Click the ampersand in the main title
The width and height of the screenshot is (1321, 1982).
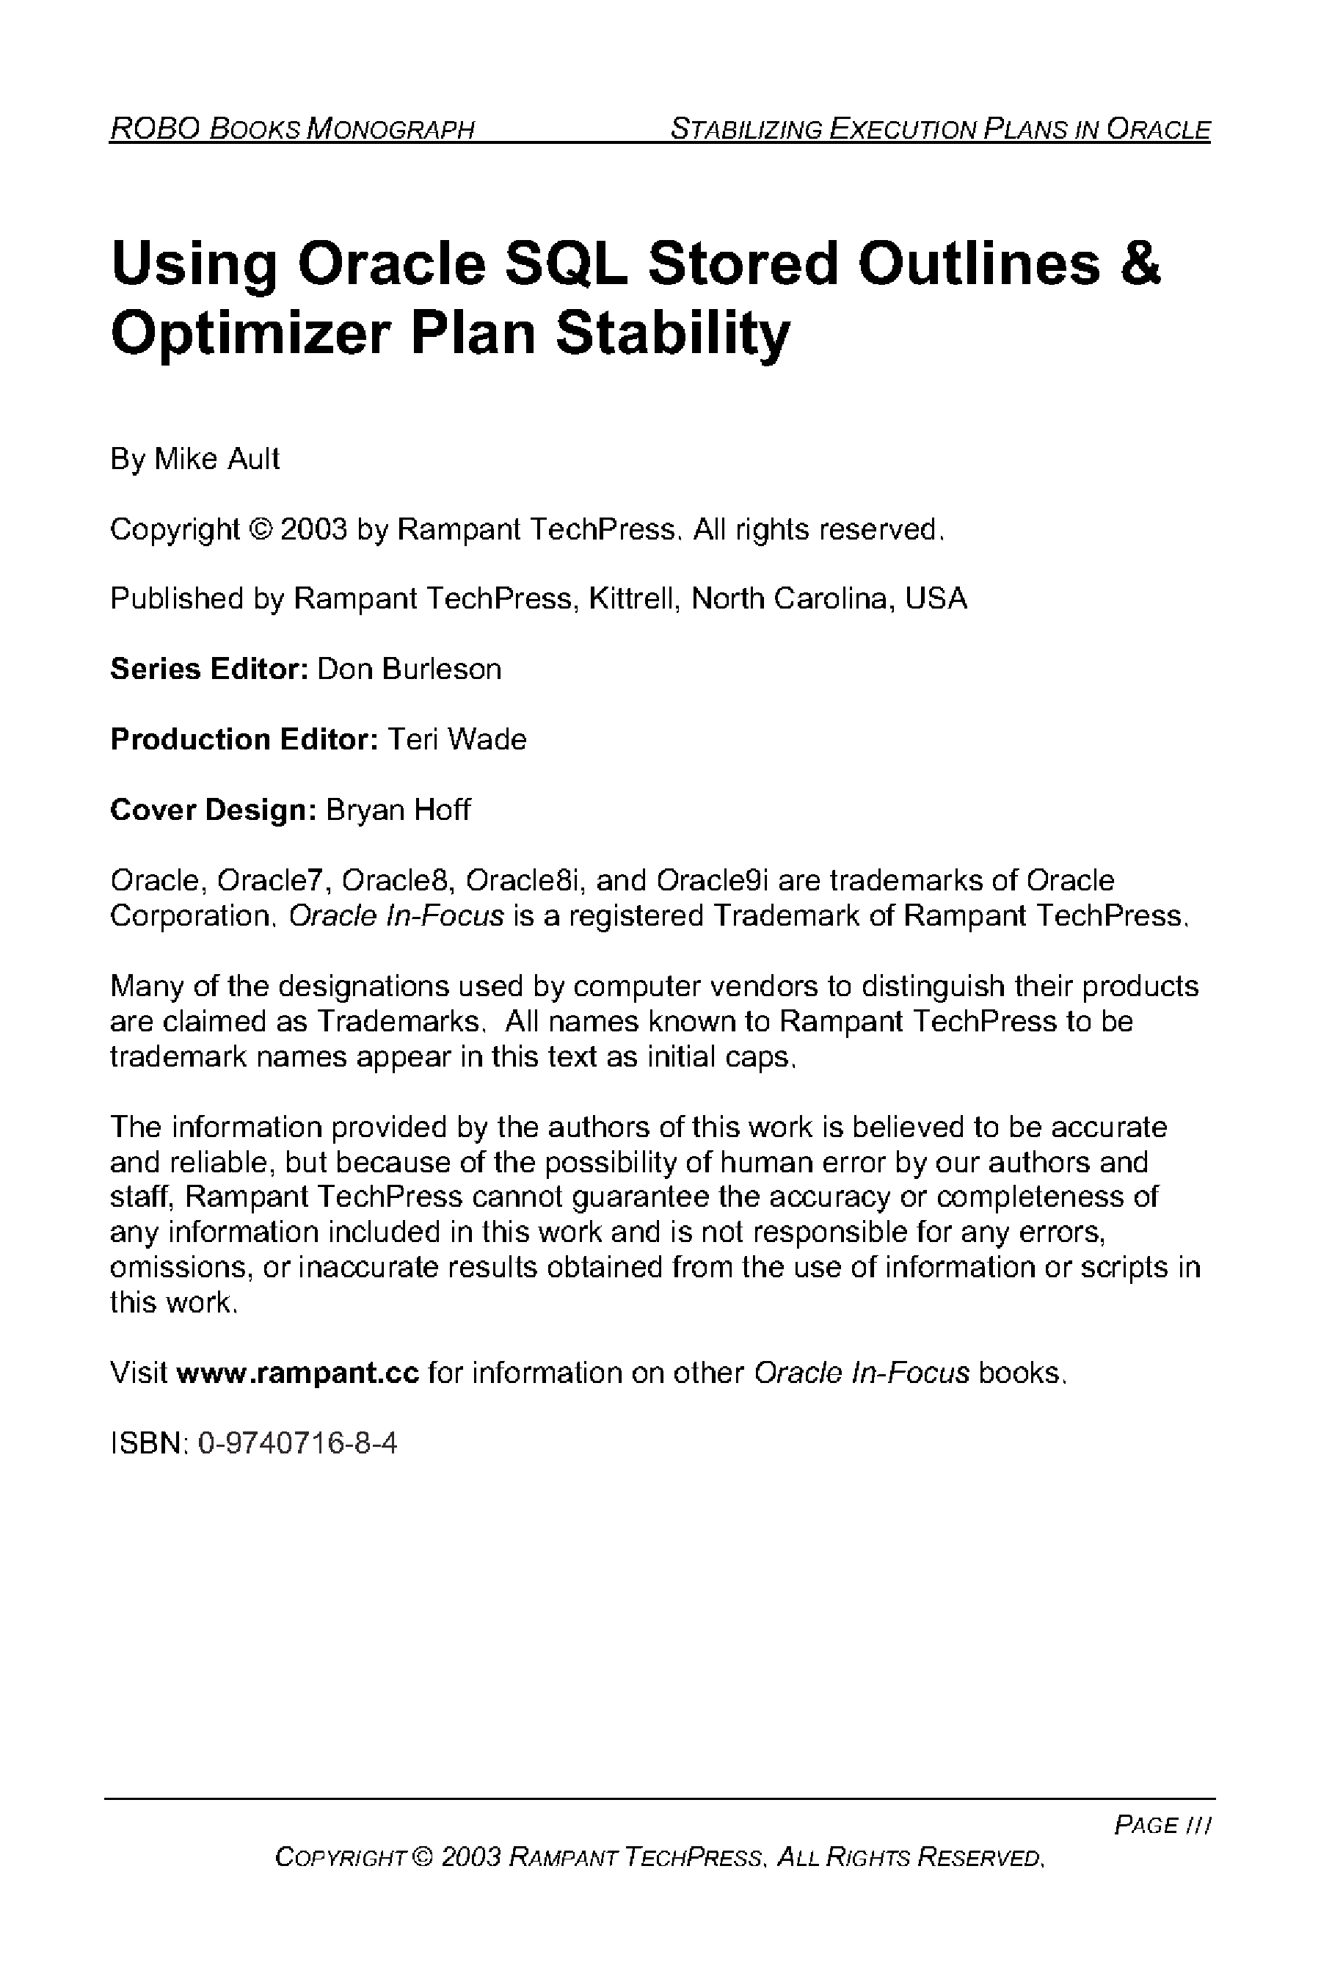[x=1140, y=264]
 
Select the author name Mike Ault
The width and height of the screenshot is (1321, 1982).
[x=216, y=460]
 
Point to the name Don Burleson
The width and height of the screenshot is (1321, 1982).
[x=409, y=669]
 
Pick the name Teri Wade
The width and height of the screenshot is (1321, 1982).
[x=456, y=739]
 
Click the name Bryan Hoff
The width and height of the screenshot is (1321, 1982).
[x=398, y=810]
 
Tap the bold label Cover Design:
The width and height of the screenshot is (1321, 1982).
[x=213, y=810]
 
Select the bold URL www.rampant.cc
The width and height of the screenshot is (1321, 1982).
[x=297, y=1373]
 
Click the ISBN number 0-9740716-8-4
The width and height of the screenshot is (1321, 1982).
[x=297, y=1443]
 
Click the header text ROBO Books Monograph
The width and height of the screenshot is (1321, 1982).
[x=292, y=129]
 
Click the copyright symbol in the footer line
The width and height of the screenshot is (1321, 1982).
[x=423, y=1857]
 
